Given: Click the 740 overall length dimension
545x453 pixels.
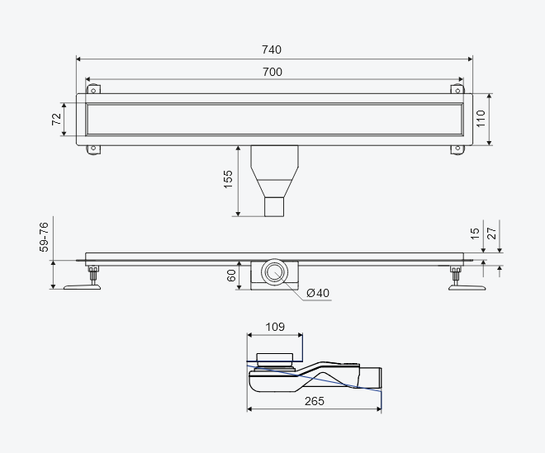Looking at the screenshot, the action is click(272, 50).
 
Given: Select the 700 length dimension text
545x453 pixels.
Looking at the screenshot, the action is click(272, 72).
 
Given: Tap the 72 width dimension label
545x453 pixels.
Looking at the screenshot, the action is click(56, 119).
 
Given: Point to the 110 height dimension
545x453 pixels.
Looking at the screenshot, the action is click(481, 119).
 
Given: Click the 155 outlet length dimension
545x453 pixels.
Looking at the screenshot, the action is click(228, 179).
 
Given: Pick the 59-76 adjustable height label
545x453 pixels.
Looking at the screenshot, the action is click(44, 238).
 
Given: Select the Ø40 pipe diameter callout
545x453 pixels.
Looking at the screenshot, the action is click(318, 293).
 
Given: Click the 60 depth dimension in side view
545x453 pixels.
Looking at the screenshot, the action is click(231, 276).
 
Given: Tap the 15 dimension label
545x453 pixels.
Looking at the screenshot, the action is click(475, 234).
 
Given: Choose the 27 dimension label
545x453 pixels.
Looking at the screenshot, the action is click(492, 234).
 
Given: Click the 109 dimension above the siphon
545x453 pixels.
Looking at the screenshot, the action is click(275, 327).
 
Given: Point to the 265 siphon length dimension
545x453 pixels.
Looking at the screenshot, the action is click(315, 401).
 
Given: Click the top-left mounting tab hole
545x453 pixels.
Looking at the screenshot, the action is click(93, 91).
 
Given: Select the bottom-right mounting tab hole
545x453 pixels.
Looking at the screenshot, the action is click(457, 149).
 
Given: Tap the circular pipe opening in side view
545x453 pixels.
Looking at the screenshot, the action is click(275, 272).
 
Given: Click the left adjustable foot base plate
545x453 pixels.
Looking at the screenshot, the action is click(82, 287).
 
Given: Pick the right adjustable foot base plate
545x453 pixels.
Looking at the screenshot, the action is click(467, 287).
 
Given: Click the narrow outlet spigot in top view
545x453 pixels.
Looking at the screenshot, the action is click(274, 207).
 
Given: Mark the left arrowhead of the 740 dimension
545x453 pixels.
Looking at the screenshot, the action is click(78, 59).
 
